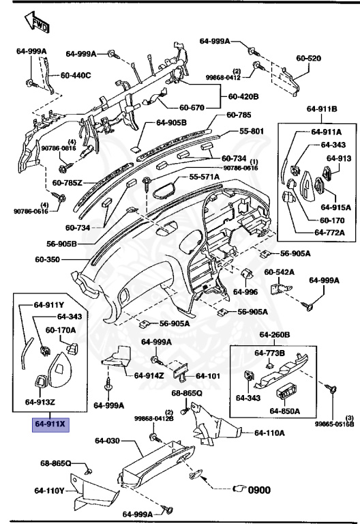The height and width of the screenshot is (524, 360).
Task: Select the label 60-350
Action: click(49, 260)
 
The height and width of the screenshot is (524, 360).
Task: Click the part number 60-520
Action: click(309, 59)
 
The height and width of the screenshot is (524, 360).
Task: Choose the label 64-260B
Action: click(275, 335)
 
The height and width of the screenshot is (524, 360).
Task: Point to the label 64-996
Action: click(245, 291)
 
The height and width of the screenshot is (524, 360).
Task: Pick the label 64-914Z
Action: click(148, 375)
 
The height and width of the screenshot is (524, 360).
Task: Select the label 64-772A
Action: click(329, 233)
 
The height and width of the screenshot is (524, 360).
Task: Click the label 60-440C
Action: click(76, 75)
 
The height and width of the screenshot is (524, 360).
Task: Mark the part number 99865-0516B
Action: click(334, 424)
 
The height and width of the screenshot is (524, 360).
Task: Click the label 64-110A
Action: click(269, 433)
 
